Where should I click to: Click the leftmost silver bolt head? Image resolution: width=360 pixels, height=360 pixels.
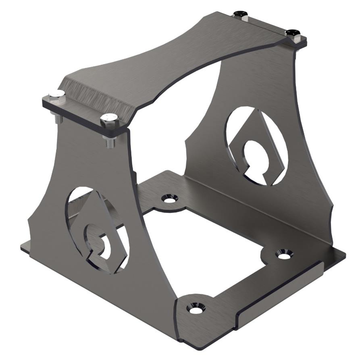(x=56, y=96)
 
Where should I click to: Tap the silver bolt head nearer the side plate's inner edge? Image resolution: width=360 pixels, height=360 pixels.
(x=109, y=119)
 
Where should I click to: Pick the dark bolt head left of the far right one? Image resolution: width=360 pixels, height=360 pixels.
(x=241, y=14)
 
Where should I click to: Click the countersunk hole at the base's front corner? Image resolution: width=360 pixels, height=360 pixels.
(x=196, y=309)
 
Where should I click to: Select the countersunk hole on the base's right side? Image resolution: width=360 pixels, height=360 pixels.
(x=284, y=254)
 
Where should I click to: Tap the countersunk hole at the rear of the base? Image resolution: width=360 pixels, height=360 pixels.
(x=170, y=198)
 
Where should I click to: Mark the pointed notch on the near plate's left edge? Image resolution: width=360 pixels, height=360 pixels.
(x=29, y=221)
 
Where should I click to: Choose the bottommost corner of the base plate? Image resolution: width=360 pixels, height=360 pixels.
(x=201, y=350)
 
